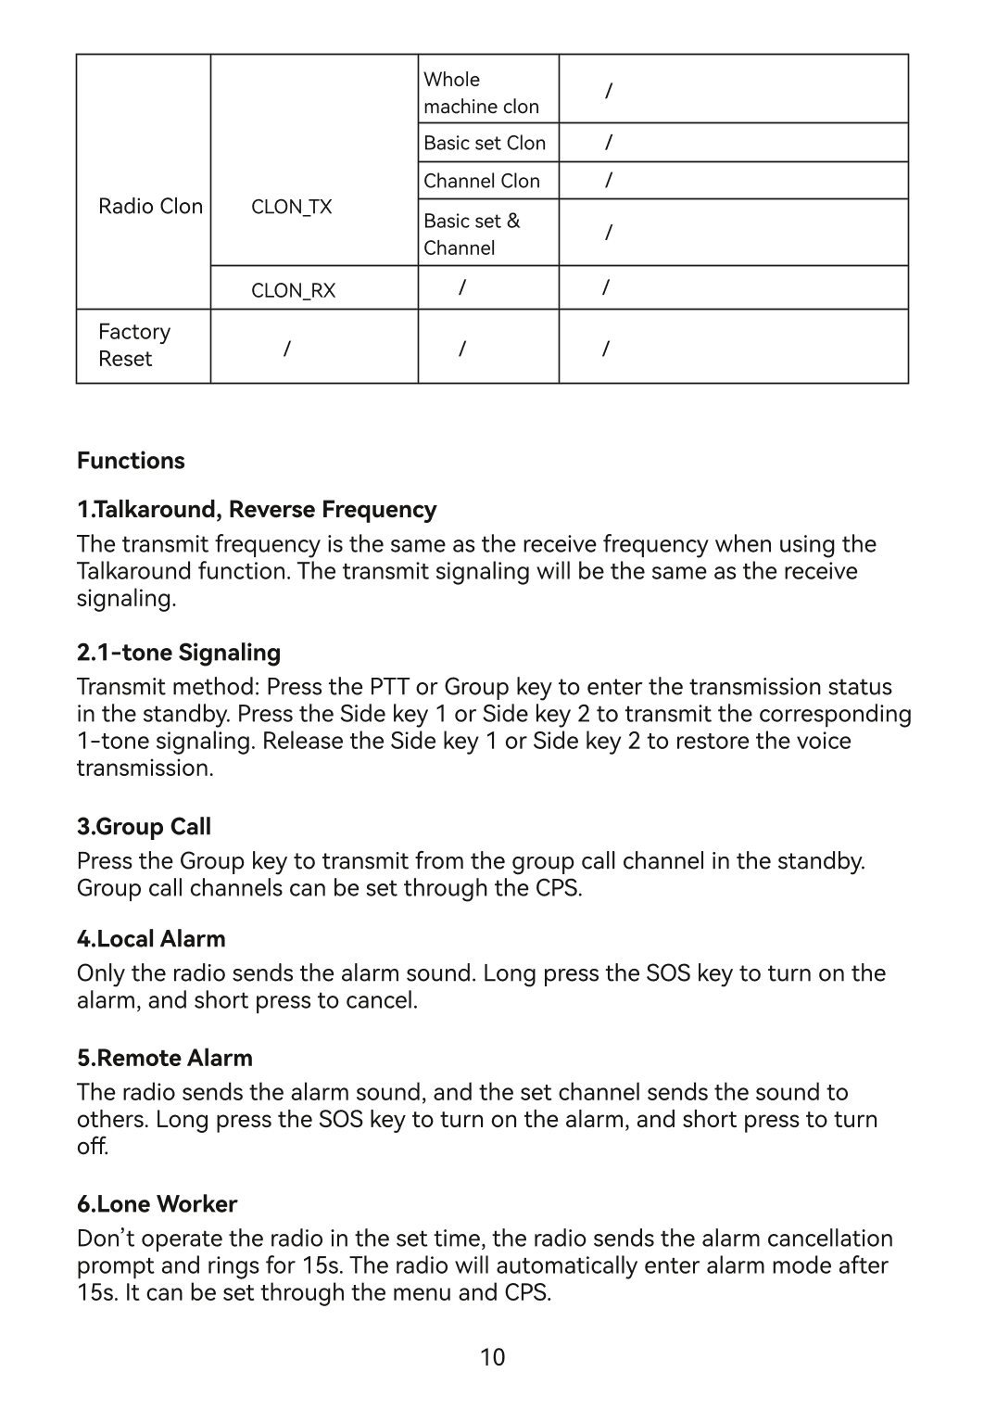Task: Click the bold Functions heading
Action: (x=131, y=461)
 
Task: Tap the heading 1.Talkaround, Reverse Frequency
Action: (x=257, y=510)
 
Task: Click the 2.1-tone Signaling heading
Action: (x=179, y=653)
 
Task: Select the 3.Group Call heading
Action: (x=144, y=827)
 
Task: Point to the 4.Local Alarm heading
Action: (x=151, y=939)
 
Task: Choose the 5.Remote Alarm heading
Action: (x=164, y=1059)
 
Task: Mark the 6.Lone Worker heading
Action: (x=157, y=1204)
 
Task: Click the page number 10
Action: (x=493, y=1358)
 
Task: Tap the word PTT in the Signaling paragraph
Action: (x=389, y=687)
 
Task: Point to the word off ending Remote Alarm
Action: (x=93, y=1147)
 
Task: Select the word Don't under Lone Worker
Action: (x=103, y=1239)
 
